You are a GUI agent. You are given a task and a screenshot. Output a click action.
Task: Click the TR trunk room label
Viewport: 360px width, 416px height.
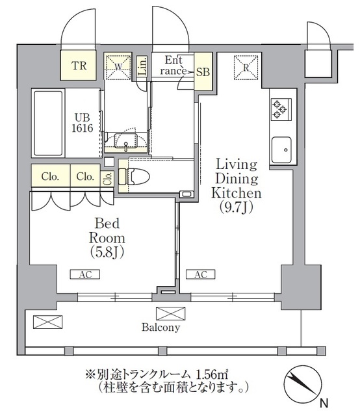[x=79, y=65]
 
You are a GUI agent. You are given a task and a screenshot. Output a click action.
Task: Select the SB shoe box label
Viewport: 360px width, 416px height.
[x=203, y=71]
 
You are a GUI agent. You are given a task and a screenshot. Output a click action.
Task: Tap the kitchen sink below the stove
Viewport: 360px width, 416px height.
[x=281, y=151]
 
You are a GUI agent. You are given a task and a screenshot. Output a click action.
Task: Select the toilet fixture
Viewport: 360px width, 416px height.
[x=138, y=176]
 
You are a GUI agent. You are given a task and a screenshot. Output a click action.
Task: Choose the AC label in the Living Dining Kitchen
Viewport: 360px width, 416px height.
[x=201, y=275]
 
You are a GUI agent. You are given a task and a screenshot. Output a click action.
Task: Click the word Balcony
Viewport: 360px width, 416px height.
[x=161, y=328]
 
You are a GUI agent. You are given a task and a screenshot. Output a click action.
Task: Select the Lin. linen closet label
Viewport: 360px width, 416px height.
[x=143, y=67]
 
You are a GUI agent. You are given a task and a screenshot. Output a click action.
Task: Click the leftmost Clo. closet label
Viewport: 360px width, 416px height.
[x=51, y=176]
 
